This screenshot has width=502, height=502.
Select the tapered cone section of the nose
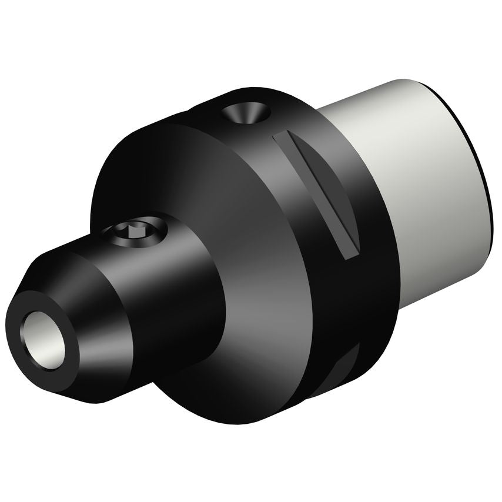pyautogui.click(x=100, y=329)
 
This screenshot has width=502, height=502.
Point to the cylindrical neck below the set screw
pyautogui.click(x=176, y=306)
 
